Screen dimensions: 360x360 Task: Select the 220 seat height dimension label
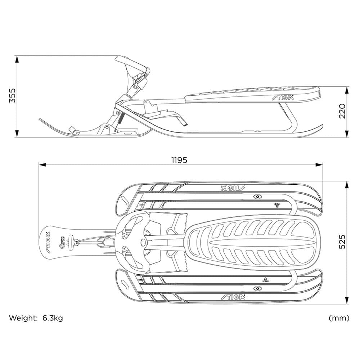click(342, 111)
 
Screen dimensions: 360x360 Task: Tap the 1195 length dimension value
click(179, 160)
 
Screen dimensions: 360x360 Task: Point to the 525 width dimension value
click(342, 242)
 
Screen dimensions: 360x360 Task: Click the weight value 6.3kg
click(53, 318)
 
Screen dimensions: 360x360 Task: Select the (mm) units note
click(338, 318)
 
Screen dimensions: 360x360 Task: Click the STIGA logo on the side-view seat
click(283, 97)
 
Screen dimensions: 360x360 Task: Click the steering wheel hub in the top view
click(142, 242)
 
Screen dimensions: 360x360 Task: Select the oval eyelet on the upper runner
click(257, 197)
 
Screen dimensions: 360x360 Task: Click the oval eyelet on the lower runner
click(257, 288)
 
